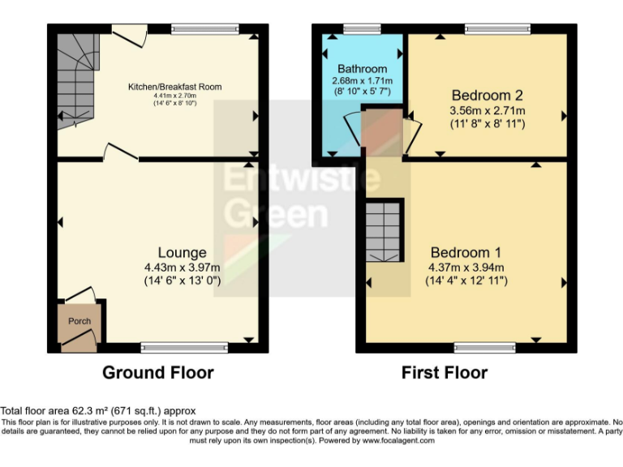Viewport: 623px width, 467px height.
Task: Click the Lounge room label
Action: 182,252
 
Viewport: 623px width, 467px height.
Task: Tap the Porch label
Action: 79,321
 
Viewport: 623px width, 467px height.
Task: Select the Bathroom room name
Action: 363,68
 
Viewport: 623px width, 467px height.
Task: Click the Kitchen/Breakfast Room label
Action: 174,87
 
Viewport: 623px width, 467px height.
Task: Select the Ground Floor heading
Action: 157,373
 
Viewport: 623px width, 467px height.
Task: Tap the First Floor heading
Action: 445,373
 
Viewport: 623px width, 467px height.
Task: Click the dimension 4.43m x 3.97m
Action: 182,268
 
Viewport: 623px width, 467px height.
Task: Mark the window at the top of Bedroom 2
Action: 497,29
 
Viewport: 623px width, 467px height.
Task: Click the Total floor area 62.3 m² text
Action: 97,411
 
